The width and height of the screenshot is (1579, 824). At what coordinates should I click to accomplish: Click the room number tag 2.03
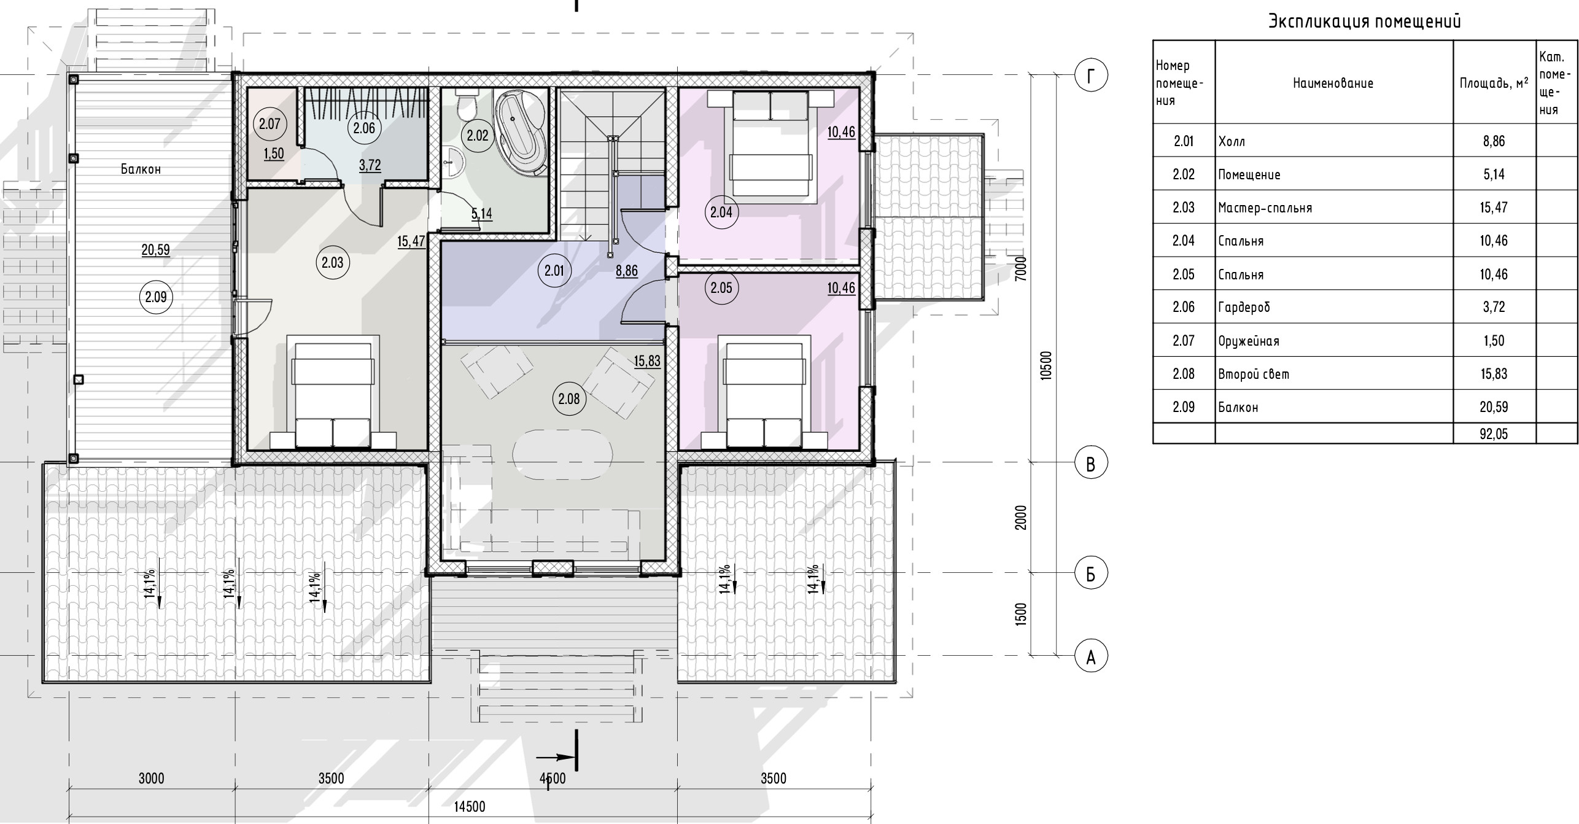333,263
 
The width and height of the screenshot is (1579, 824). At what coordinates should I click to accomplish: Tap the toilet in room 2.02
469,104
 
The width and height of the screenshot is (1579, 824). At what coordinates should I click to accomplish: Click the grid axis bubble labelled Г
1091,76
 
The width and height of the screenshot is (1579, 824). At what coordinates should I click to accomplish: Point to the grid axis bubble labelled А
1091,658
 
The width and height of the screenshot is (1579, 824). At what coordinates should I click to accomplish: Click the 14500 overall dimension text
470,806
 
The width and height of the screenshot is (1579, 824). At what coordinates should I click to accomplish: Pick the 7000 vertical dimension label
1020,268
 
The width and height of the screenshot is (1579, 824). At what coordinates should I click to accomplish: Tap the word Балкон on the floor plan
141,169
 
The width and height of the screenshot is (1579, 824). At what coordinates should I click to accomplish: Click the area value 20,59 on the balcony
155,250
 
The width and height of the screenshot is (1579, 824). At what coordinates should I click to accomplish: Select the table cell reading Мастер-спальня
1265,208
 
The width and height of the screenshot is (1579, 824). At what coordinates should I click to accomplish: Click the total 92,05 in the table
1494,434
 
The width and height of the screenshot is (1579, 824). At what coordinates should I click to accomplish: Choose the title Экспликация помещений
1365,21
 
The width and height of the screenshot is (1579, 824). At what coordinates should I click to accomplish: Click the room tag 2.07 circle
270,124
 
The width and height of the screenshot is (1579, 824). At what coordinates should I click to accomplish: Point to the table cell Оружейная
1249,341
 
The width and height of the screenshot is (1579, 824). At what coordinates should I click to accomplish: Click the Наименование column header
1333,83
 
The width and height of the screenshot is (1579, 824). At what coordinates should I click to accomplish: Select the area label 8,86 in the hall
627,271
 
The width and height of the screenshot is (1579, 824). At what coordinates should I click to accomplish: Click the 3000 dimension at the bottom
151,779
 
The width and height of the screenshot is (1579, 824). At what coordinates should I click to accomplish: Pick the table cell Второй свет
1254,374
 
